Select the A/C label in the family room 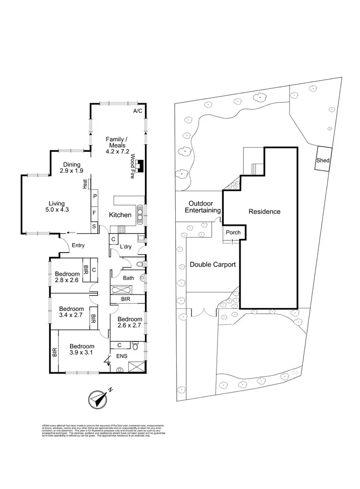tap(138, 111)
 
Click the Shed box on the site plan tap(323, 160)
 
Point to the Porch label tap(233, 232)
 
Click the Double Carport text tap(213, 264)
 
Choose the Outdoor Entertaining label tap(204, 207)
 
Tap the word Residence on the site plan tap(264, 211)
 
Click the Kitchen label tap(120, 215)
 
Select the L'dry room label tap(126, 246)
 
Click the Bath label tap(129, 278)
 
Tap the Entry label tap(78, 245)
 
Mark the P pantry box tap(95, 196)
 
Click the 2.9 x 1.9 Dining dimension tap(72, 171)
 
